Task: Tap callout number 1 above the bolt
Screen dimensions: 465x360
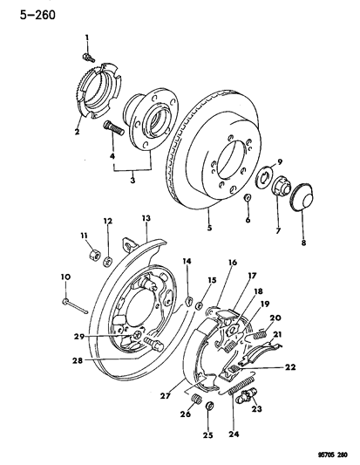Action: [87, 35]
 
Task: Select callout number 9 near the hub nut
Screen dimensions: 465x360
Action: [280, 161]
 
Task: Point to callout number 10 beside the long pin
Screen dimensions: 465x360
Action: [64, 277]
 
